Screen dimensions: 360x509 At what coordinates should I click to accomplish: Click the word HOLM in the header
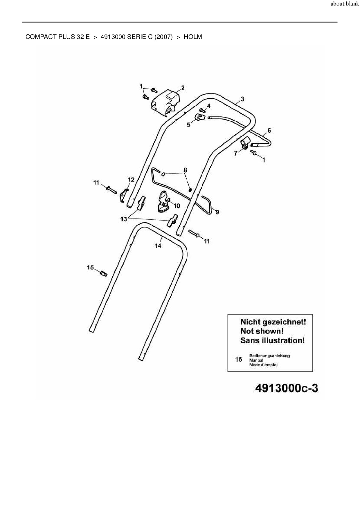[193, 37]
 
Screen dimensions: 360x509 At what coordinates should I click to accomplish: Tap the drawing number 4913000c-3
[286, 388]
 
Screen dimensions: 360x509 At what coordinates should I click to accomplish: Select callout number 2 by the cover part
[183, 88]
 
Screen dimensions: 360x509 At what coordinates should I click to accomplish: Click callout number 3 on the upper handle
[242, 99]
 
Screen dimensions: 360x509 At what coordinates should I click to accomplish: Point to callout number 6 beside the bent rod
[269, 130]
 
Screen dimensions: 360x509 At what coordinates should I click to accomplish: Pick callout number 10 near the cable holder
[177, 206]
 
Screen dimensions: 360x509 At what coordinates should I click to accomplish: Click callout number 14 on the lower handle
[158, 246]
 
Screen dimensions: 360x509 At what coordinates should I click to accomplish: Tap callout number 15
[90, 267]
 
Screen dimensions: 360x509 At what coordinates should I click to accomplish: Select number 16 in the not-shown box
[238, 360]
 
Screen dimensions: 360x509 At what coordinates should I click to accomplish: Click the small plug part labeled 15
[103, 273]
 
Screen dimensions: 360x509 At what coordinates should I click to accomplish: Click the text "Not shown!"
[262, 331]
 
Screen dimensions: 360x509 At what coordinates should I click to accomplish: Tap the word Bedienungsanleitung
[269, 355]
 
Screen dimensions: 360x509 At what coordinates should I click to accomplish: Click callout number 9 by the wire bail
[217, 212]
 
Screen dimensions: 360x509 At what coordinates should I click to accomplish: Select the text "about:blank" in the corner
[345, 5]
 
